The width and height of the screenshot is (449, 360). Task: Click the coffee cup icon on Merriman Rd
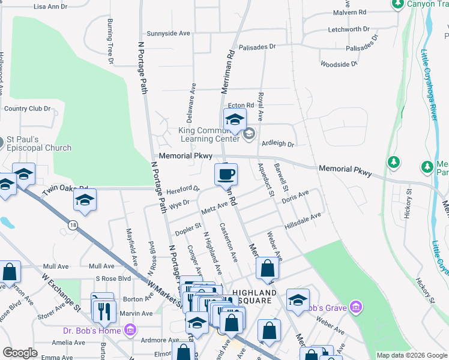226,174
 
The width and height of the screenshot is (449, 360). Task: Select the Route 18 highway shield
73,224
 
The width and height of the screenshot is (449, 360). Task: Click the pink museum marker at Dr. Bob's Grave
357,308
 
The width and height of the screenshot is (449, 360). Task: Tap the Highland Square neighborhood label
255,296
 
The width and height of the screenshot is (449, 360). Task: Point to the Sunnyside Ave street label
168,34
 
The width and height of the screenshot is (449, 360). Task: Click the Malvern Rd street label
349,11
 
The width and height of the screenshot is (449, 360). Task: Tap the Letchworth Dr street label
349,29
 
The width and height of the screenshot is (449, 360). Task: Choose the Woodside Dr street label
339,63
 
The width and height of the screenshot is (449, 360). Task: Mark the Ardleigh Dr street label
277,144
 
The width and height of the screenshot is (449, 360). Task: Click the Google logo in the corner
20,352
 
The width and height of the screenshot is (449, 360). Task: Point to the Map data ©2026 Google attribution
412,355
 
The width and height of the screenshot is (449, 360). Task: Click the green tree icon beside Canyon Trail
397,4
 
